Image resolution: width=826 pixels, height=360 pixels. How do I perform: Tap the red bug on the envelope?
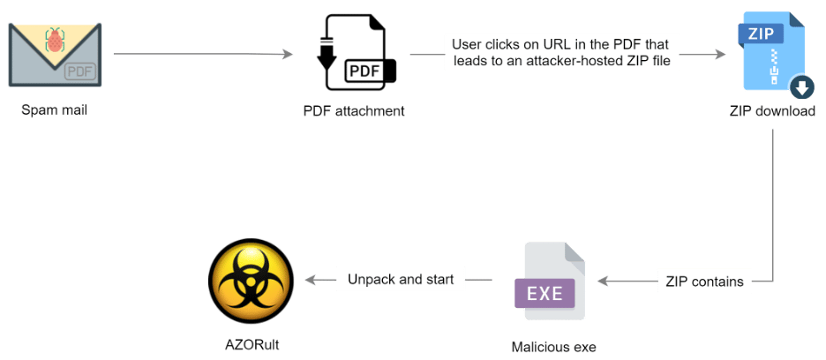[55, 39]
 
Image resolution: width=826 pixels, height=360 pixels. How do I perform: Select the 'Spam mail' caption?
[55, 111]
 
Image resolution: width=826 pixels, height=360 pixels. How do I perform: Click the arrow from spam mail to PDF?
[203, 55]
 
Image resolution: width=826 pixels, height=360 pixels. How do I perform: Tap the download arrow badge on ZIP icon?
[801, 87]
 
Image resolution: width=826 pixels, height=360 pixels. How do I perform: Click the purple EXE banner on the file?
[545, 292]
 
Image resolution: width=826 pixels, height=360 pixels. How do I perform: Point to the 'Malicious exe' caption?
[553, 348]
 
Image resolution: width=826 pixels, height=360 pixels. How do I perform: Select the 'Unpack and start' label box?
[401, 280]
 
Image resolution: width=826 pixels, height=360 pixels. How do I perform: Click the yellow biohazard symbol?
[251, 281]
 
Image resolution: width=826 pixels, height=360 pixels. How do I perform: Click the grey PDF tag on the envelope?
[79, 71]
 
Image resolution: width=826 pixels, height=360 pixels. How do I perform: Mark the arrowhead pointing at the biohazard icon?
[308, 280]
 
